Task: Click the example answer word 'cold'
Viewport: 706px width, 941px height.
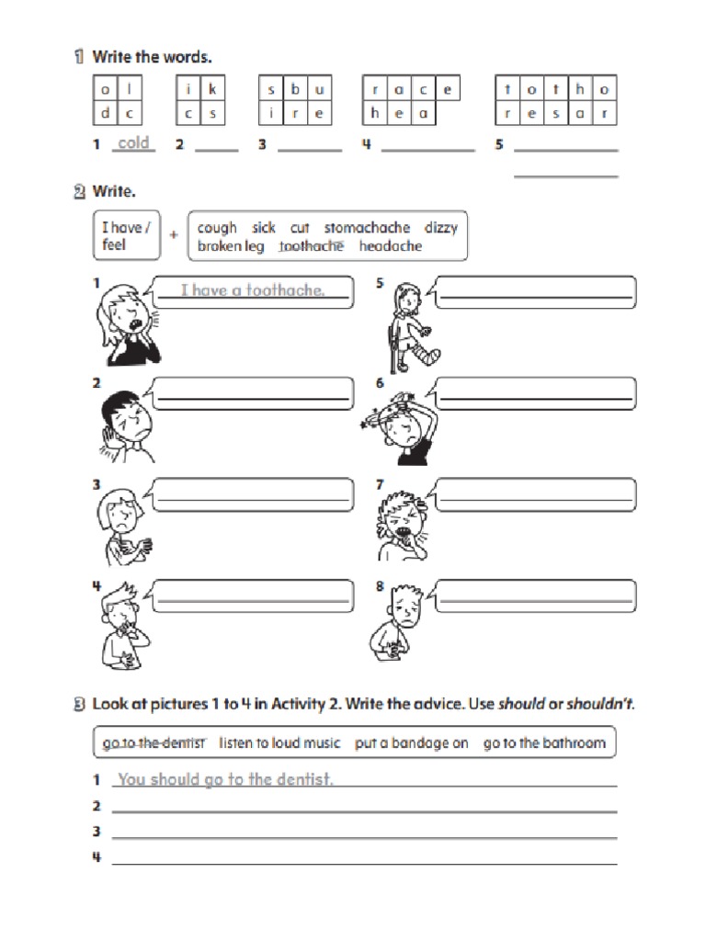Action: (133, 142)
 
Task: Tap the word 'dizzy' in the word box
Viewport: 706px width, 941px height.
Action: (440, 227)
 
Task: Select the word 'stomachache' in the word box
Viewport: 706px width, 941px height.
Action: (367, 227)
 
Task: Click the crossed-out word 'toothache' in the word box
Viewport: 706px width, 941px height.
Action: (311, 246)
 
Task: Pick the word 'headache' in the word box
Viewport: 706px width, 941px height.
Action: (391, 246)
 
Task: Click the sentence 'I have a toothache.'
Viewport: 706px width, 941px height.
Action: (253, 290)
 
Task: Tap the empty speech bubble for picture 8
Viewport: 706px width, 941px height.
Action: (536, 595)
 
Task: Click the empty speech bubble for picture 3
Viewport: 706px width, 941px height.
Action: (253, 494)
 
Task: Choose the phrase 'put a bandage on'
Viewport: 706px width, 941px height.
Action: (412, 743)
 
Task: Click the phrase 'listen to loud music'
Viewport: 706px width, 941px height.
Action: (279, 743)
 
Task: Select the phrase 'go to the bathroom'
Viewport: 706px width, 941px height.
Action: (544, 743)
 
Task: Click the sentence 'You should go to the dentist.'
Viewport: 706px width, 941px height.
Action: (225, 779)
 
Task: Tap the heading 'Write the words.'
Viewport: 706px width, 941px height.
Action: (152, 57)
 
